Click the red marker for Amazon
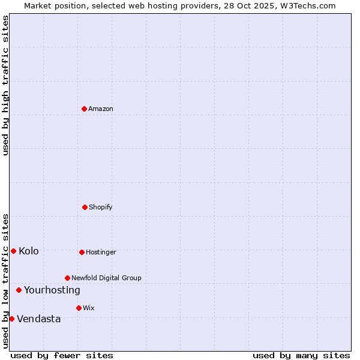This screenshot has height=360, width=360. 85,109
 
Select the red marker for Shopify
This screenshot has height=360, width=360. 85,207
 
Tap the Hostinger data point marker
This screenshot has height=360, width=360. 82,252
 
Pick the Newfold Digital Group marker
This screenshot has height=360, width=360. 67,278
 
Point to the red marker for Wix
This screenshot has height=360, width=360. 79,308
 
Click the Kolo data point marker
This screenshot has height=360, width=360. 13,251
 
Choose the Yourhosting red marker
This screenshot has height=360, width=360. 19,290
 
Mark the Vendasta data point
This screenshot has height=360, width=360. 11,319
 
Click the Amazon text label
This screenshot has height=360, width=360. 101,109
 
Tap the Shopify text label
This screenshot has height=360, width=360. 101,207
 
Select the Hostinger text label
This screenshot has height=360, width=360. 101,252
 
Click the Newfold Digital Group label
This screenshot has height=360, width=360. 106,278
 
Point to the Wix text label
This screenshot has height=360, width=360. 89,308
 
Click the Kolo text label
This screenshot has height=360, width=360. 29,251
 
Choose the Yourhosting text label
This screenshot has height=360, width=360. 52,290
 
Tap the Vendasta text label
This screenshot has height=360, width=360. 39,319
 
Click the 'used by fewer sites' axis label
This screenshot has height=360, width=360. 62,355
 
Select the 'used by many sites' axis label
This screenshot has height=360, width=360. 301,355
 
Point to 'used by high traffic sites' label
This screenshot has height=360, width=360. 5,85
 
